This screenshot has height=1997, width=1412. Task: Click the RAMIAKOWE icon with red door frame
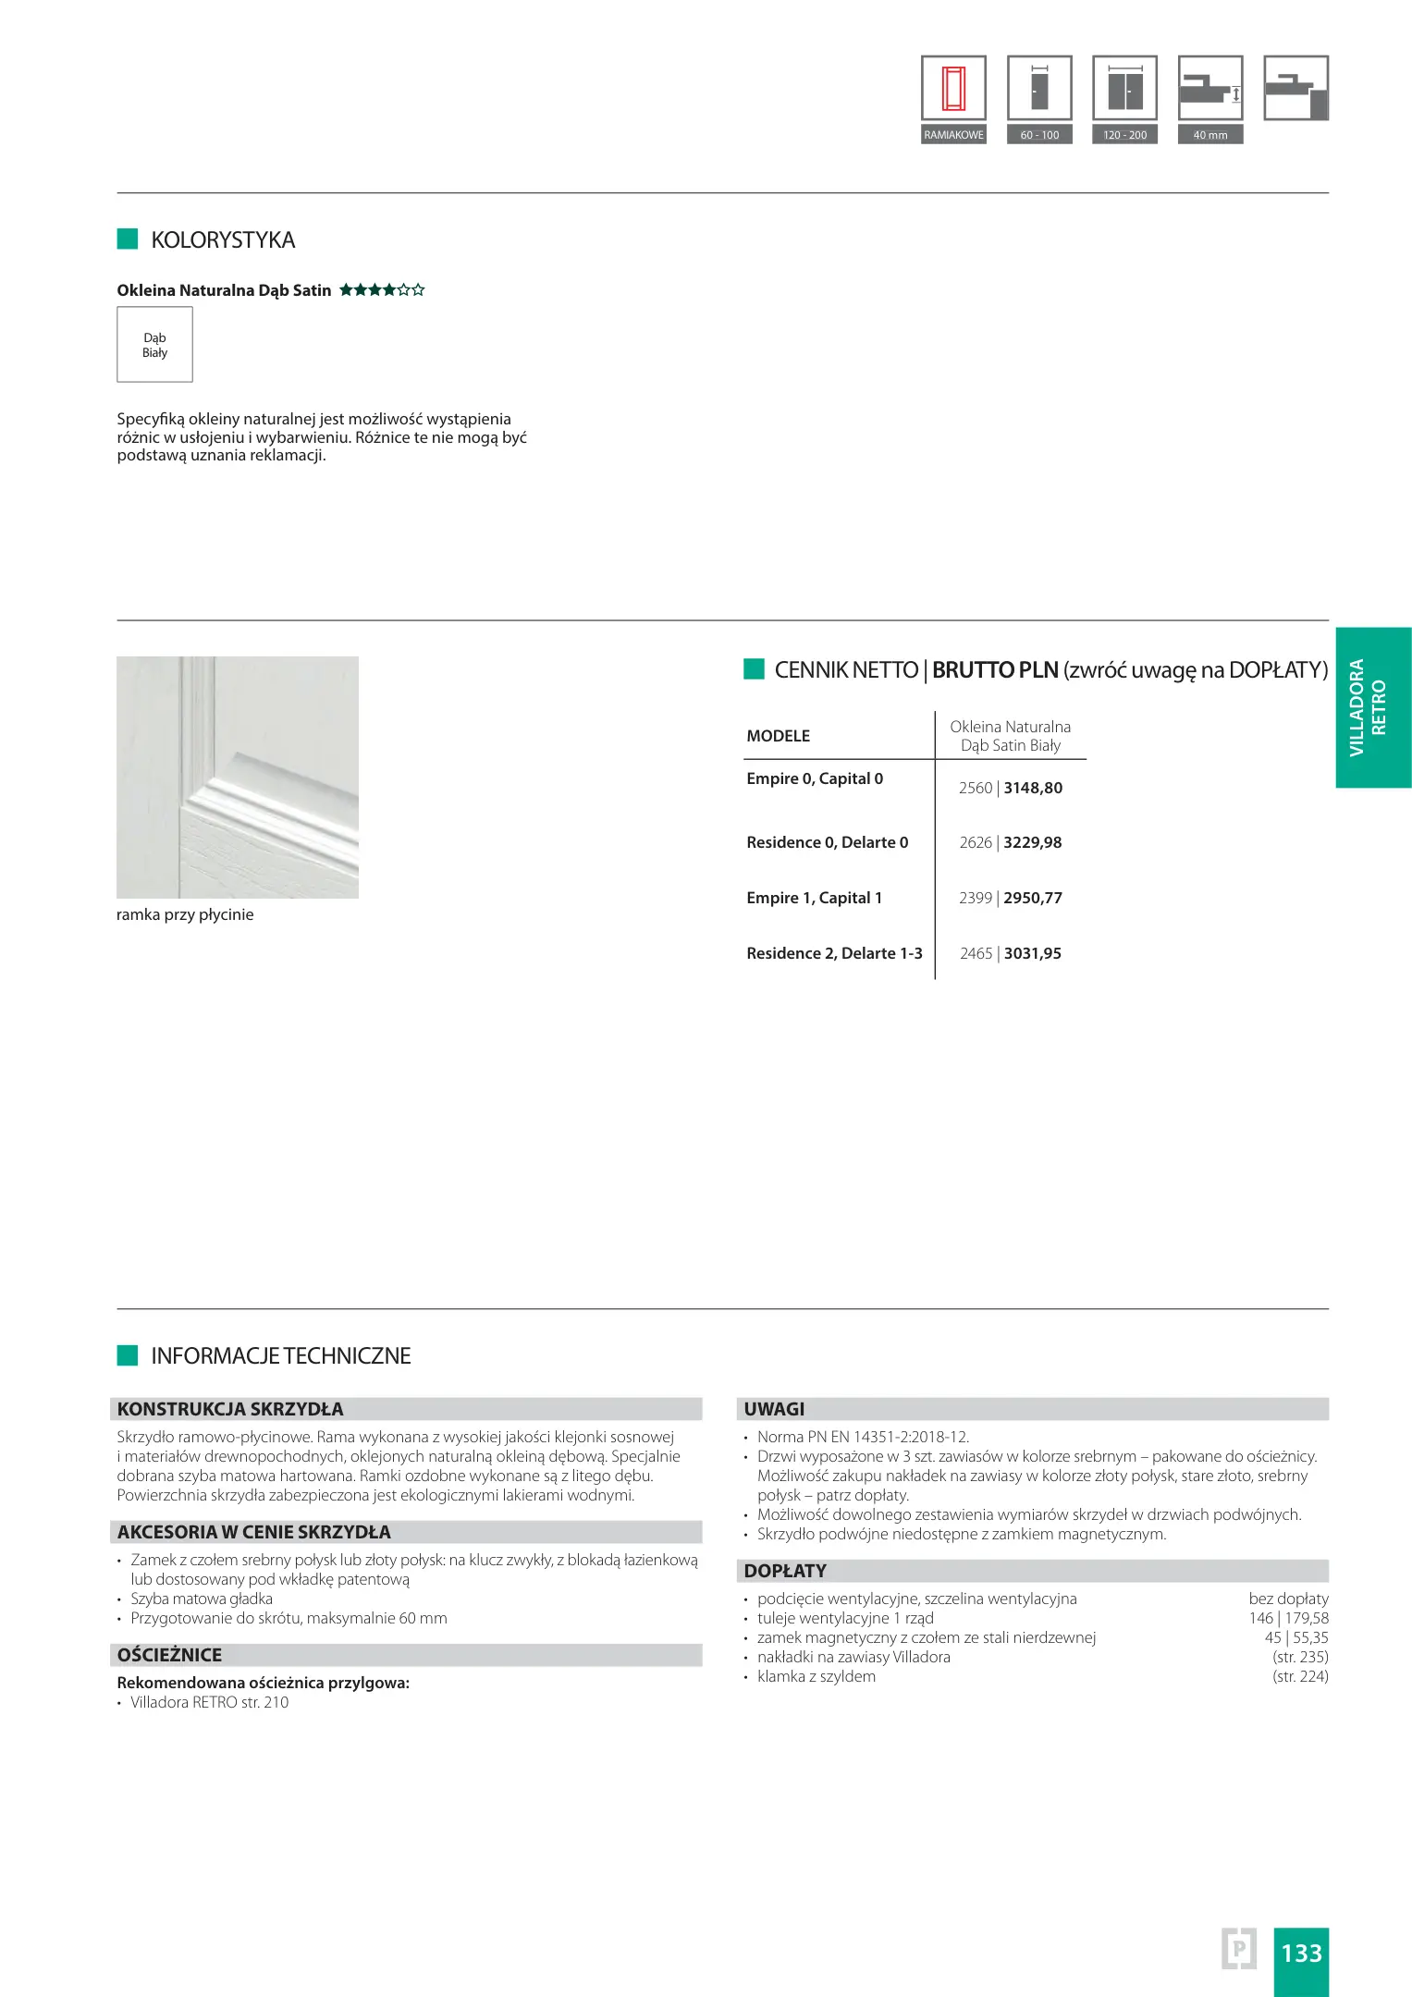point(953,89)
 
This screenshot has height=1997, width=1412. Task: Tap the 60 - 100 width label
point(1039,135)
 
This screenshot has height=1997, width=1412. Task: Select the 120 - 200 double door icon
point(1124,89)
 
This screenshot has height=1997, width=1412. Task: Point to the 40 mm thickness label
point(1209,135)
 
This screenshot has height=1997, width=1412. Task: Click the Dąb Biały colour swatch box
point(154,345)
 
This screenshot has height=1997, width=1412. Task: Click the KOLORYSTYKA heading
point(222,240)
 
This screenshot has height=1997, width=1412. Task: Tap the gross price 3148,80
point(1033,789)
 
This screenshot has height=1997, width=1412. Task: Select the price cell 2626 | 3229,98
point(1010,843)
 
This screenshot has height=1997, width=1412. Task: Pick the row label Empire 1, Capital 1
point(814,898)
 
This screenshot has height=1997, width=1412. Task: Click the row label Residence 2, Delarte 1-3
point(834,953)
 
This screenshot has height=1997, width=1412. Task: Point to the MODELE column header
point(778,736)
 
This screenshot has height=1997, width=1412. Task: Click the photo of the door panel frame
point(238,777)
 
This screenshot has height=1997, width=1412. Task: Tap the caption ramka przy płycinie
point(185,915)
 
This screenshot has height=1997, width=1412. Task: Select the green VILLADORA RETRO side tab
point(1372,707)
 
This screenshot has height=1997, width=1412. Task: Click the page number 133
point(1301,1953)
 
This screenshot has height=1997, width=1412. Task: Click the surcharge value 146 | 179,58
point(1288,1618)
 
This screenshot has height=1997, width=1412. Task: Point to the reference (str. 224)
point(1300,1676)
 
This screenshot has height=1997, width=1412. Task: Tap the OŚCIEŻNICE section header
point(169,1655)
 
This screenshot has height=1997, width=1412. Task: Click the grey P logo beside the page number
point(1239,1948)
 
